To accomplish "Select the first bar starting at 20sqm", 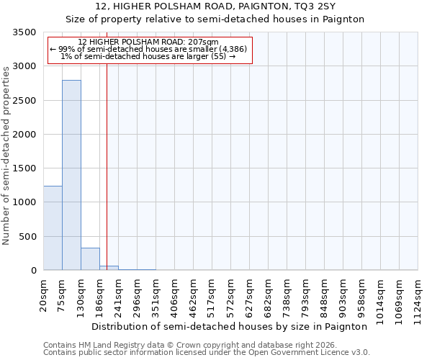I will coord(53,228).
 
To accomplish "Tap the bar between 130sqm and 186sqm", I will coord(90,259).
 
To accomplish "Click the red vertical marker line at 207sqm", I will coord(107,166).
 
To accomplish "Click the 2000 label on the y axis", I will coord(25,135).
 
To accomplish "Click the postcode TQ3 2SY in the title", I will coord(315,6).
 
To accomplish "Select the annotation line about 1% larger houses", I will coord(148,56).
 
